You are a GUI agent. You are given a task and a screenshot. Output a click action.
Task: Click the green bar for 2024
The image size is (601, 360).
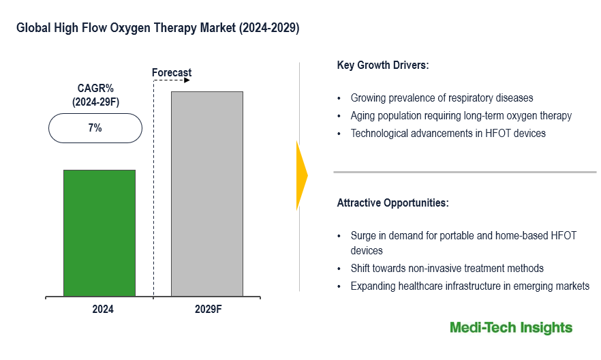coord(99,233)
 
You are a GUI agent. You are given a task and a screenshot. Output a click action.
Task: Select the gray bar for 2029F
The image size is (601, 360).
coord(206,194)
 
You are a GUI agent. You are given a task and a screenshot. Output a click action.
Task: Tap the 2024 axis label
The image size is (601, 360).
coord(103,309)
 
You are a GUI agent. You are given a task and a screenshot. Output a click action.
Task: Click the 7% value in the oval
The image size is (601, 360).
coord(95,127)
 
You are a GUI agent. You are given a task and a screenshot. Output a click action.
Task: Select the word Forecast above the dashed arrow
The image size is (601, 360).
coord(172,72)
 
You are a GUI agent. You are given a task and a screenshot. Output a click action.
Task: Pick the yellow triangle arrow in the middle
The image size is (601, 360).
coord(302,175)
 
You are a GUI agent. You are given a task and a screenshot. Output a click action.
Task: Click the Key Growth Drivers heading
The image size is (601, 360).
coord(382,66)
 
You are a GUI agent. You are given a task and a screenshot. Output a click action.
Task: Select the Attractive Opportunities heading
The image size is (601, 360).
coord(392,203)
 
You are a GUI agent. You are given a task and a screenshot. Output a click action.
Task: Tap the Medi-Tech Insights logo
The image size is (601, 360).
coord(511,328)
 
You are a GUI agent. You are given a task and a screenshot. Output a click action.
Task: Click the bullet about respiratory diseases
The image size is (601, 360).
coord(442,98)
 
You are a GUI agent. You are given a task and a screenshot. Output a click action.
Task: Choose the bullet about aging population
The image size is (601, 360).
coord(461,116)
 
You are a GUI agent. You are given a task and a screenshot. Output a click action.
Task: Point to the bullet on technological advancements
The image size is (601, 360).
coord(448,134)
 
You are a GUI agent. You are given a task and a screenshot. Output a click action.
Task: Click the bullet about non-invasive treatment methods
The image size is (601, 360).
coord(447,269)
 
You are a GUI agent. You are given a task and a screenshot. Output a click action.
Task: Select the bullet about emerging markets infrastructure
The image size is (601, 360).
coord(469,286)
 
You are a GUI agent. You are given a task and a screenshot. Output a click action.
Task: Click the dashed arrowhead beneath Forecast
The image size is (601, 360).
coord(187,80)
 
